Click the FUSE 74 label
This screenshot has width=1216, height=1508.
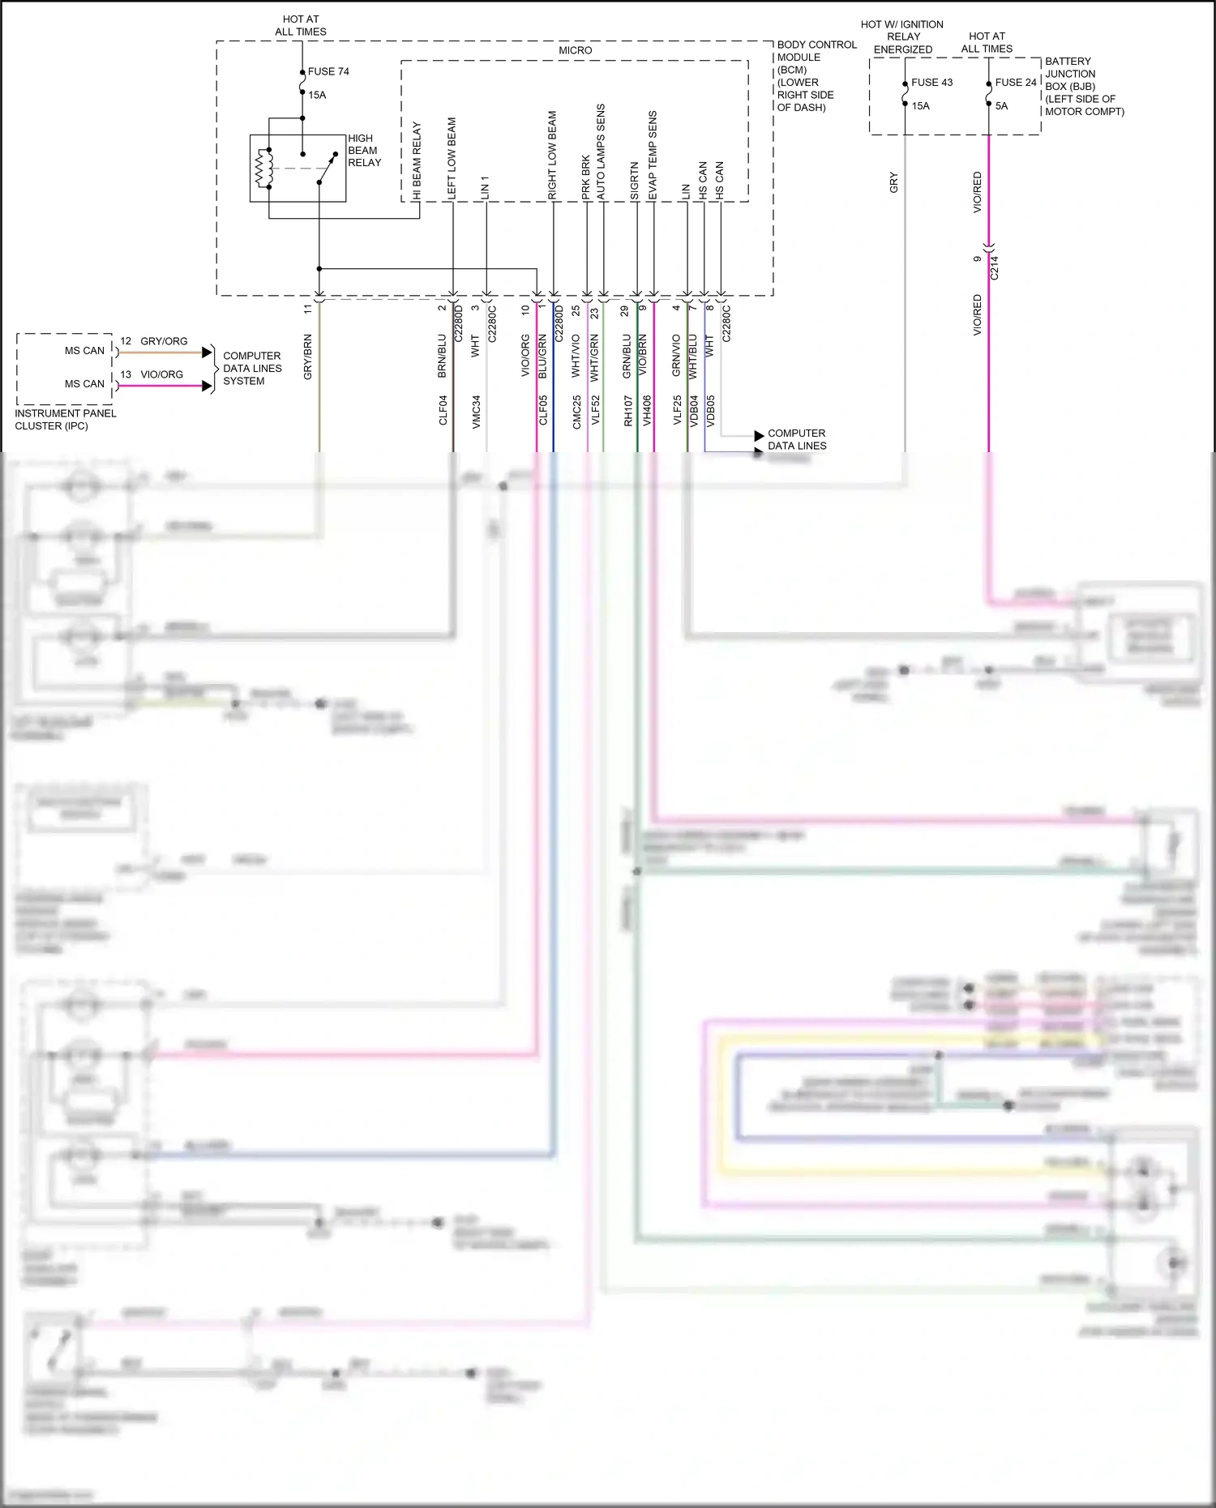pos(328,71)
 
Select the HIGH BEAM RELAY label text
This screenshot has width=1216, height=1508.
pos(364,151)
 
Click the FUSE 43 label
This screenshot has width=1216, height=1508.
pos(931,83)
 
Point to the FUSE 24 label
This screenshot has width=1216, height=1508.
pos(1016,83)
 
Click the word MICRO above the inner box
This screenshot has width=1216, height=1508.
pos(575,50)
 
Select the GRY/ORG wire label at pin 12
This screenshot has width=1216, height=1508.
pos(164,341)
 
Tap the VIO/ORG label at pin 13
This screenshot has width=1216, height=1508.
pos(161,374)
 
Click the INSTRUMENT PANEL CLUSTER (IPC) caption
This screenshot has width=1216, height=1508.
pos(65,419)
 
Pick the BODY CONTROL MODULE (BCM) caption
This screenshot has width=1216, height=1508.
pos(816,75)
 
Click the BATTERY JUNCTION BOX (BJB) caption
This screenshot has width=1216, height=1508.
pos(1083,86)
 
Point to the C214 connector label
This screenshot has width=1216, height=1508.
pos(995,267)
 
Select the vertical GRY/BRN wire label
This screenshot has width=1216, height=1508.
pos(308,357)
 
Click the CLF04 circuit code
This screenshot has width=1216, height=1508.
pos(443,410)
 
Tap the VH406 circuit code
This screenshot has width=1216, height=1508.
pos(647,410)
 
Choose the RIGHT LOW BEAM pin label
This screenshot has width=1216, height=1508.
pos(553,156)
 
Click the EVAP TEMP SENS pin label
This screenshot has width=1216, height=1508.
pos(653,156)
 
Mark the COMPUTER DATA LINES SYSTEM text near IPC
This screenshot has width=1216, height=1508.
pos(252,368)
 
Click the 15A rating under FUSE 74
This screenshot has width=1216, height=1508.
pos(317,95)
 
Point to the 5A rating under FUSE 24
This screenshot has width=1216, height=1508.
pos(1001,106)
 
